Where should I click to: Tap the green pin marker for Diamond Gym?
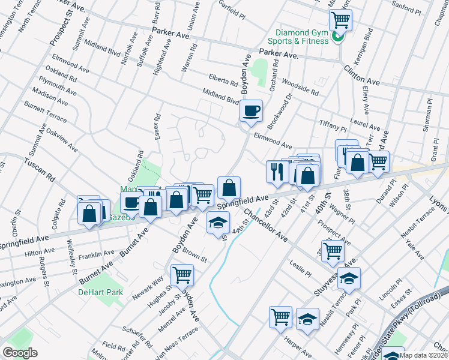338,39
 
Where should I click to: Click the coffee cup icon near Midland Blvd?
251,110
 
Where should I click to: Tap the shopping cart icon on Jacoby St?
182,275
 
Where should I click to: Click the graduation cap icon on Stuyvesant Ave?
349,278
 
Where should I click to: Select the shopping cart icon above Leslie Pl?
332,251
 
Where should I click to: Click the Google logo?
20,352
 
